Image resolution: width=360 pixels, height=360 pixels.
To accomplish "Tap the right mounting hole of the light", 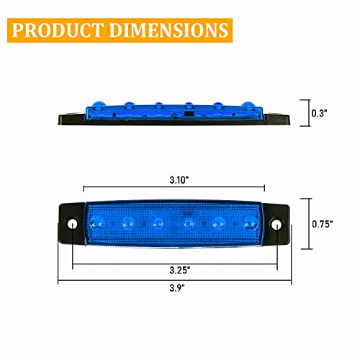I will [276, 226].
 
